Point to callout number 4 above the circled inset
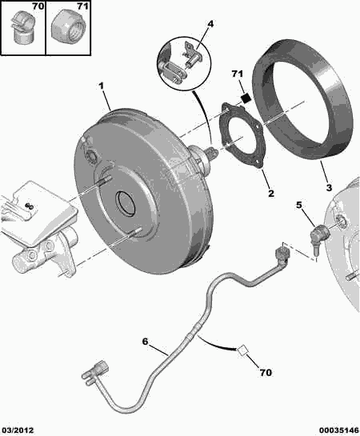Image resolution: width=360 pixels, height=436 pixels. tap(210, 25)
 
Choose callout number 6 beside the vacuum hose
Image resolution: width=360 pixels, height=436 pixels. tap(146, 342)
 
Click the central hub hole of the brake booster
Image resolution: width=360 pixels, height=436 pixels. tap(126, 205)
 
